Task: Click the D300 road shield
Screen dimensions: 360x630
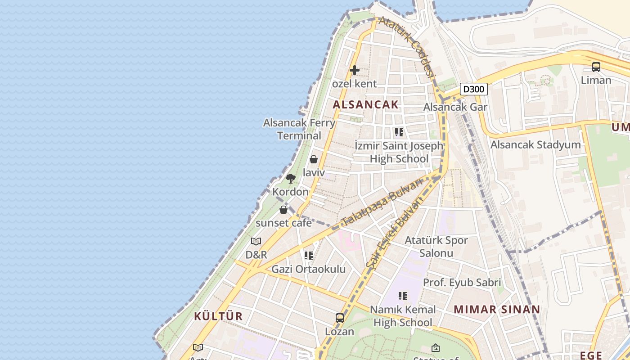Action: click(x=474, y=89)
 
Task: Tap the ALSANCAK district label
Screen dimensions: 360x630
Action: click(x=365, y=105)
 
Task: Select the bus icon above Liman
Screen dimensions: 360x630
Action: click(x=596, y=67)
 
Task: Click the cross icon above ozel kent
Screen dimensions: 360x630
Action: click(x=355, y=70)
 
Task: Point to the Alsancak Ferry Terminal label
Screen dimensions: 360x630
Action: click(x=299, y=129)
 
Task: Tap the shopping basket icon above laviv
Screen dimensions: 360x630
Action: click(x=314, y=159)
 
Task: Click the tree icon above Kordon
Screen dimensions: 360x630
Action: click(x=291, y=178)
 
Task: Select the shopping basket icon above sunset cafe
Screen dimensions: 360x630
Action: click(x=283, y=210)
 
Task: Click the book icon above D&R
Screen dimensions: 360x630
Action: click(x=256, y=241)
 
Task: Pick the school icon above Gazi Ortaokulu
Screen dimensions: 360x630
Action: click(x=308, y=256)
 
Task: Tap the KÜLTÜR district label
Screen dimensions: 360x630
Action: click(x=218, y=316)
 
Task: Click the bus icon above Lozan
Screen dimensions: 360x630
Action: click(x=340, y=318)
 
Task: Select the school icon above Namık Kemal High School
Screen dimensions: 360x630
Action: click(x=403, y=296)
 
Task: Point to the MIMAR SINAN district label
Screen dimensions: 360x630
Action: click(x=497, y=310)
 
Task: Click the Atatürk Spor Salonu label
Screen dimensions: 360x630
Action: click(x=436, y=247)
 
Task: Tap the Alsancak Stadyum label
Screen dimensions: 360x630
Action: click(x=535, y=145)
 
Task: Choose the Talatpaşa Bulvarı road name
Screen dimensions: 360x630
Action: click(x=382, y=201)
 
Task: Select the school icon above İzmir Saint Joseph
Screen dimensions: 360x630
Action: click(x=399, y=132)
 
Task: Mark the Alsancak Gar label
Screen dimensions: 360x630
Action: click(x=455, y=107)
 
